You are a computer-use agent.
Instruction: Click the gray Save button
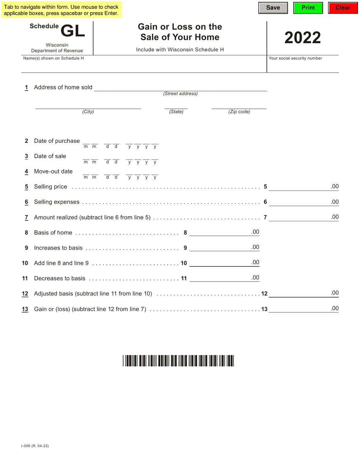point(273,8)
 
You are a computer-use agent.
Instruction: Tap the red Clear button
point(343,8)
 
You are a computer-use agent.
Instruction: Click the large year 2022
point(302,38)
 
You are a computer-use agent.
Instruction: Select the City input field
point(88,106)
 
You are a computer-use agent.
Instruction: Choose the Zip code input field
point(239,106)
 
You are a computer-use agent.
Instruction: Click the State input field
point(176,106)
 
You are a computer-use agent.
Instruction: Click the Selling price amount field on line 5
point(299,186)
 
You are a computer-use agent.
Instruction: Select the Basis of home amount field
point(220,232)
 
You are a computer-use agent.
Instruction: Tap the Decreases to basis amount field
point(220,278)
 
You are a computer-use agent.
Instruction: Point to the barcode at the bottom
point(178,361)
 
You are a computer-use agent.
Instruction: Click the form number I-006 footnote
point(35,446)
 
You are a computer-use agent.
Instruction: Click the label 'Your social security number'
point(295,58)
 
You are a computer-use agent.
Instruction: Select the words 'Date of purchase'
point(57,141)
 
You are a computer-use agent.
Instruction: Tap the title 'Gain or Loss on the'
point(180,27)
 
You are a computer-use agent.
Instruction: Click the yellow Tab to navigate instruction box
point(61,10)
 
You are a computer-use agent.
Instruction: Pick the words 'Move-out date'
point(53,172)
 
